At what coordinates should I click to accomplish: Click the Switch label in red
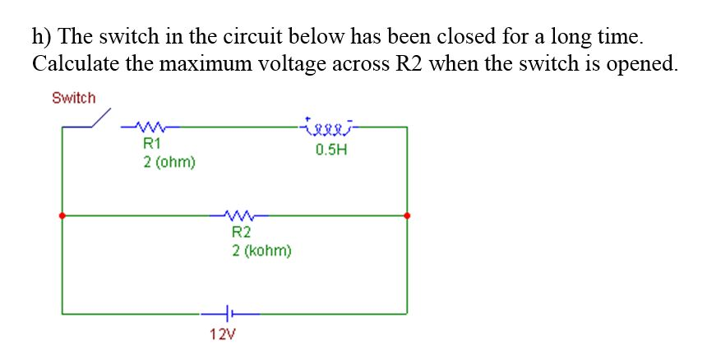coord(73,98)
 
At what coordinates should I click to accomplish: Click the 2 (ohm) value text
coord(169,162)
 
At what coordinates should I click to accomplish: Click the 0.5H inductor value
coord(330,150)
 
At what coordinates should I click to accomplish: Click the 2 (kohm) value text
coord(261,250)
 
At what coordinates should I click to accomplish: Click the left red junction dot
coord(62,215)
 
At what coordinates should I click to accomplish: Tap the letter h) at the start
coord(40,37)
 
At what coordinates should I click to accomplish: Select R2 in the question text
coord(408,64)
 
